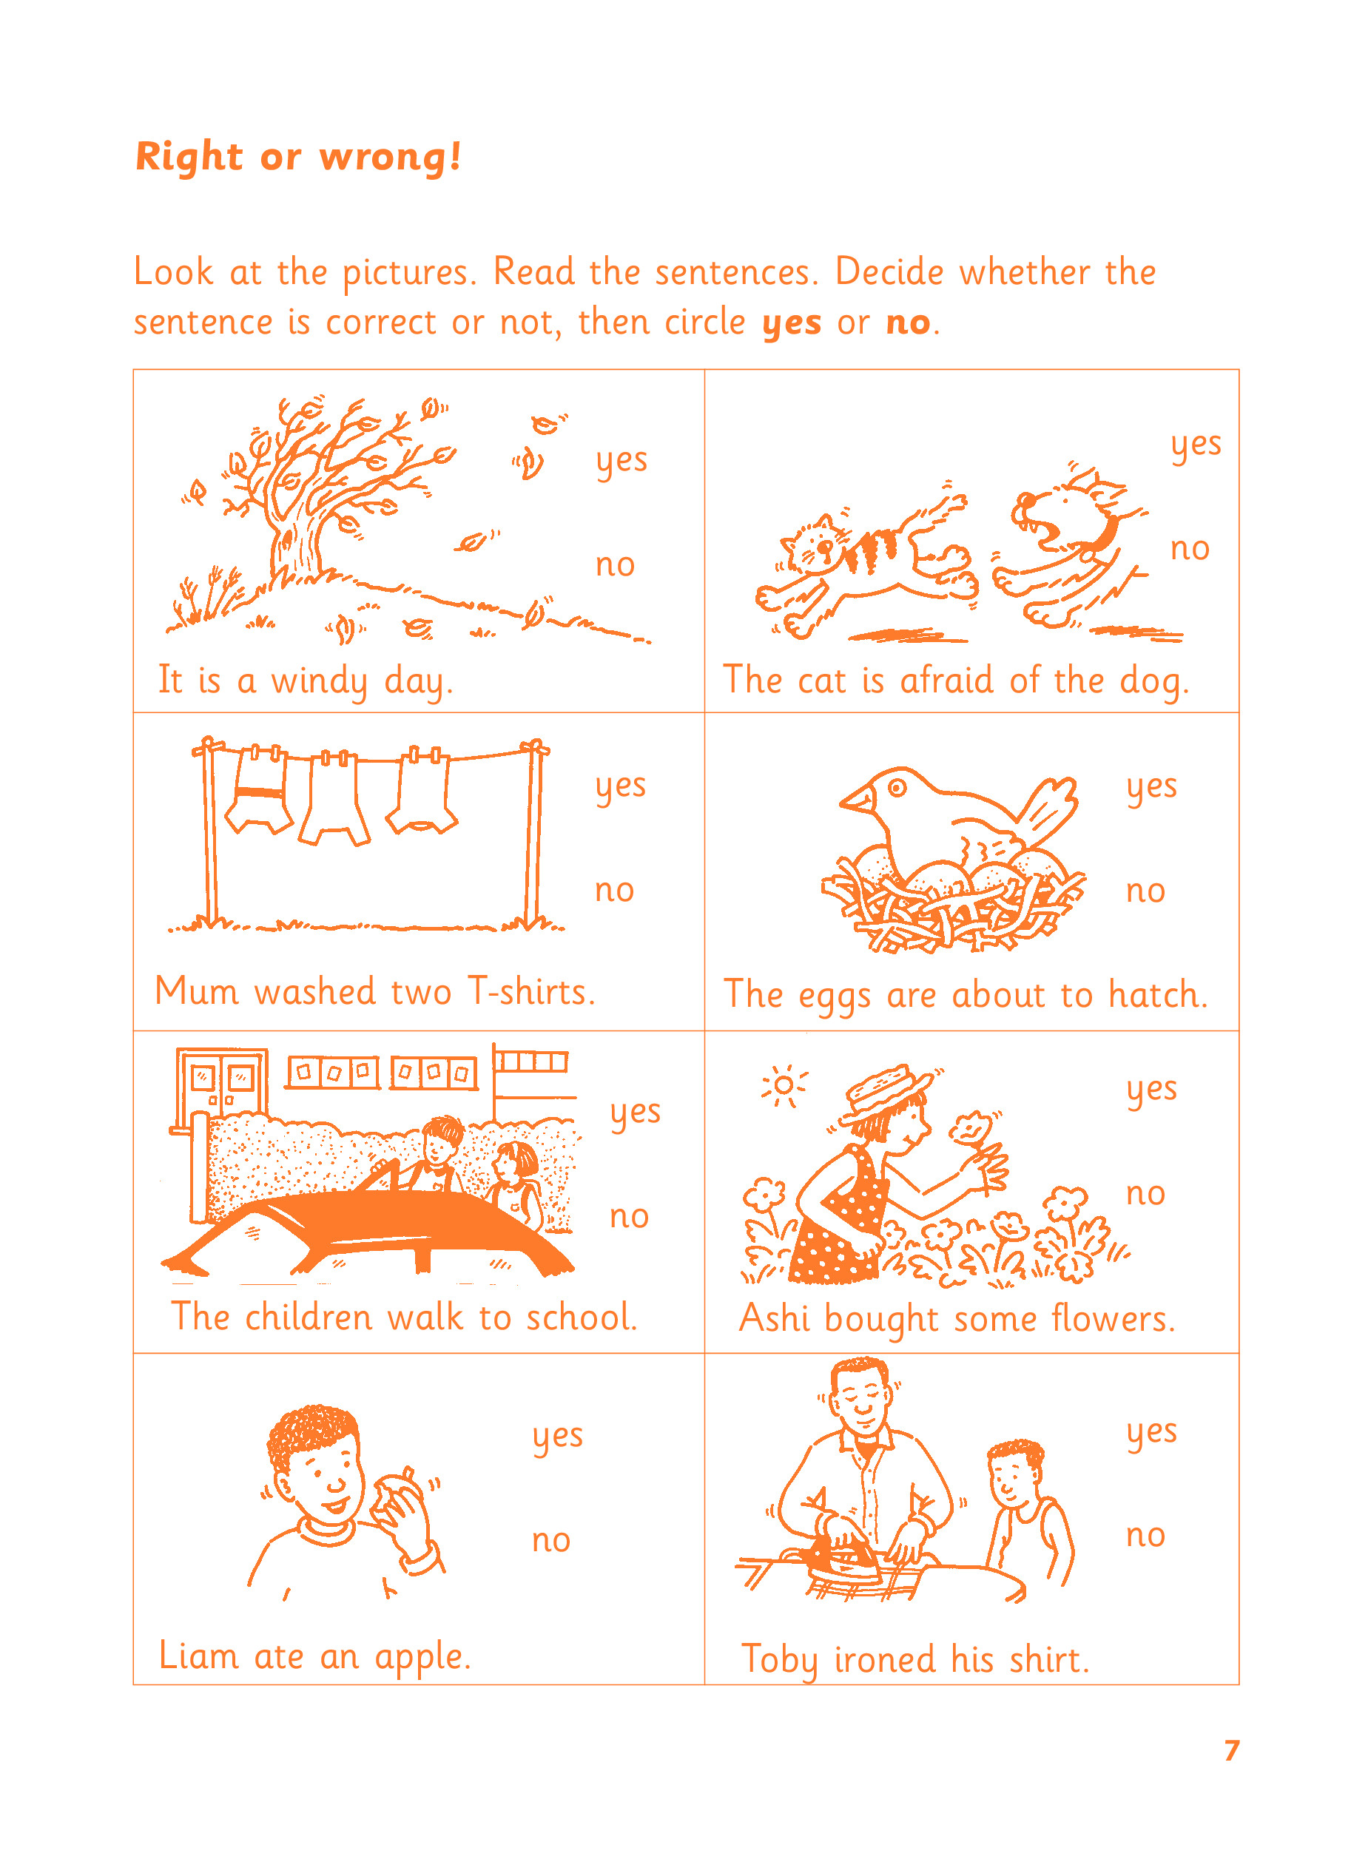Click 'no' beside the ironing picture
(1145, 1536)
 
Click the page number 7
(1232, 1750)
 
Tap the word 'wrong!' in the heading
(390, 157)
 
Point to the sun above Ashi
(783, 1085)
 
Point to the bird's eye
(897, 786)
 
